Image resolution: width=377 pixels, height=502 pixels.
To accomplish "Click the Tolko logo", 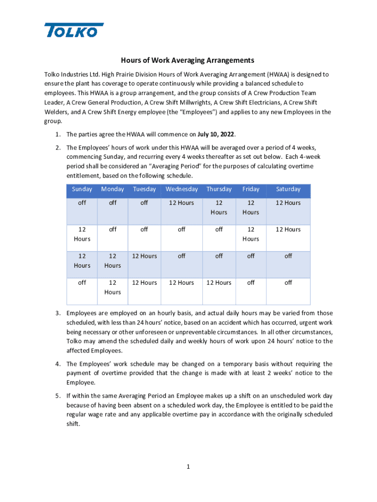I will [x=74, y=30].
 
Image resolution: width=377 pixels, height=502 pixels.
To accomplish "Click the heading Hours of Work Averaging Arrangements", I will [x=188, y=61].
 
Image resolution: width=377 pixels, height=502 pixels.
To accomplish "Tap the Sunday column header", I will [x=82, y=189].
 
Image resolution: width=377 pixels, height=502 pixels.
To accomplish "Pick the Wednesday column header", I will [x=182, y=189].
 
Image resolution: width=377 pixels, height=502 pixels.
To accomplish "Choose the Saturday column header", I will [x=288, y=189].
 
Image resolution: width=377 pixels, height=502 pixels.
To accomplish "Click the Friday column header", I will [x=251, y=189].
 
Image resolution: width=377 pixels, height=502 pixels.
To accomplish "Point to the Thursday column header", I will [x=219, y=189].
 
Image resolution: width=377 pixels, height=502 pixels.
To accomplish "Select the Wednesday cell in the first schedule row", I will [x=182, y=203].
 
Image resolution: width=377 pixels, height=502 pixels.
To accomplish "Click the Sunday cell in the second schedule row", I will [x=82, y=234].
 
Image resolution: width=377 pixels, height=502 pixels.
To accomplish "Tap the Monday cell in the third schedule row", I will [x=113, y=260].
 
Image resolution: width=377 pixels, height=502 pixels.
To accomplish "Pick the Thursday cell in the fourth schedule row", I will [x=219, y=283].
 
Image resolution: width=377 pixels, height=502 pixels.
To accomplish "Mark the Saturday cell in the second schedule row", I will [x=288, y=229].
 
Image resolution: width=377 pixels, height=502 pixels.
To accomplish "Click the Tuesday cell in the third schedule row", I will [x=144, y=256].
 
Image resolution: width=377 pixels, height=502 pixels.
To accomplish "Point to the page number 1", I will [x=188, y=467].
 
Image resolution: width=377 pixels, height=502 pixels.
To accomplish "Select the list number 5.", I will [x=57, y=396].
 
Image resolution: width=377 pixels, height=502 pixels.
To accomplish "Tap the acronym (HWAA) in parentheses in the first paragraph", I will [x=282, y=75].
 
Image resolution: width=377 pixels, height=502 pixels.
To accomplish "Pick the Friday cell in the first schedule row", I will [x=251, y=207].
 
